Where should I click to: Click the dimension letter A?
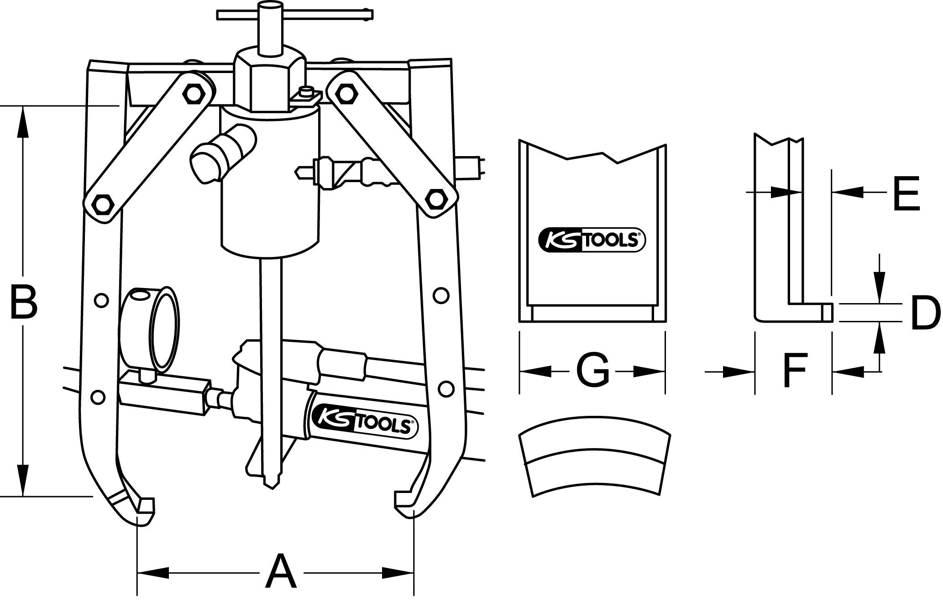281,572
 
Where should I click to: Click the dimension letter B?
23,302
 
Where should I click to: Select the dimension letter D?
925,313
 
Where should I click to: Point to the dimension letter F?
795,370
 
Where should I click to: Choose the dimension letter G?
592,370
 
